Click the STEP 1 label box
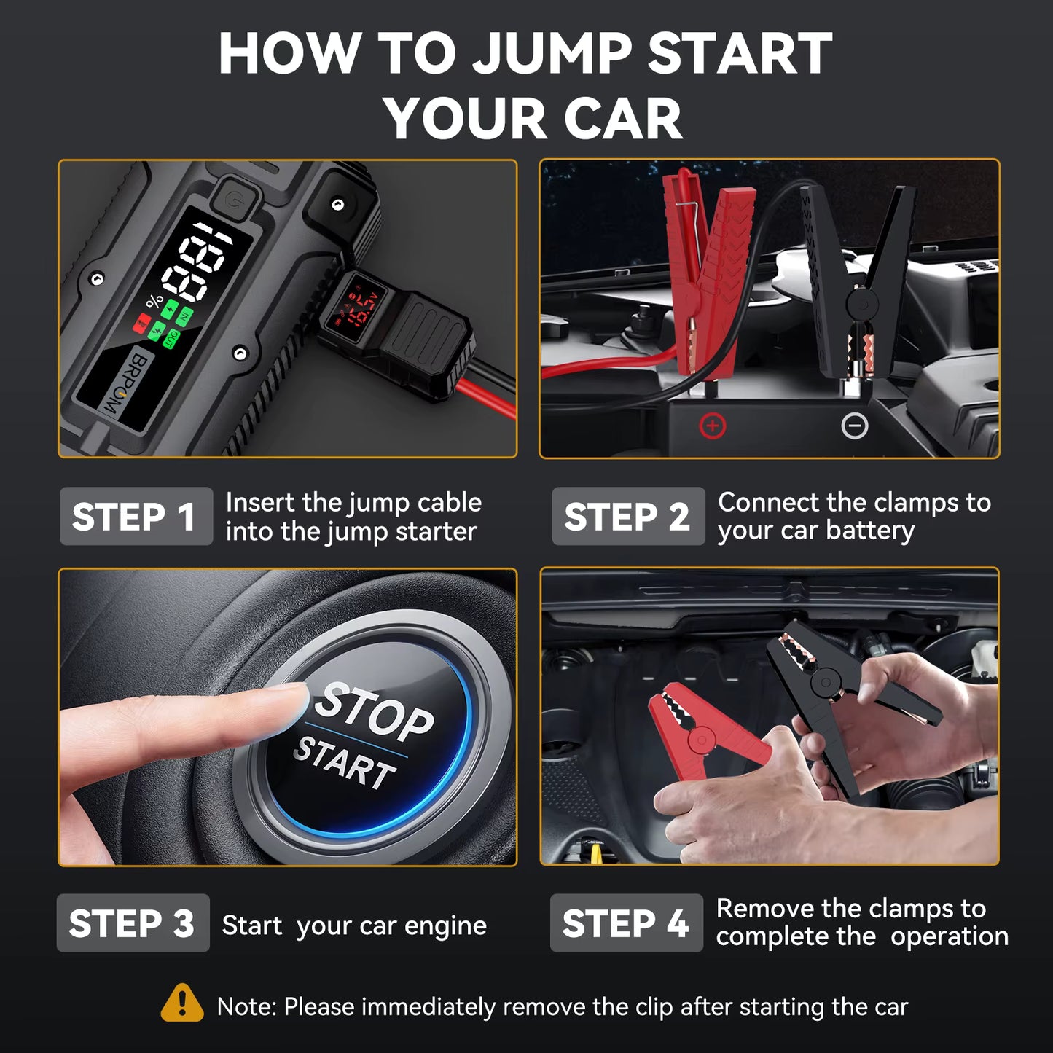[136, 516]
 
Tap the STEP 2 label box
[627, 516]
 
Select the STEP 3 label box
[133, 923]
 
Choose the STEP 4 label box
[626, 923]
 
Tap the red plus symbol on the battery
[712, 426]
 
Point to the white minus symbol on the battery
[854, 426]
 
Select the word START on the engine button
[344, 763]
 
